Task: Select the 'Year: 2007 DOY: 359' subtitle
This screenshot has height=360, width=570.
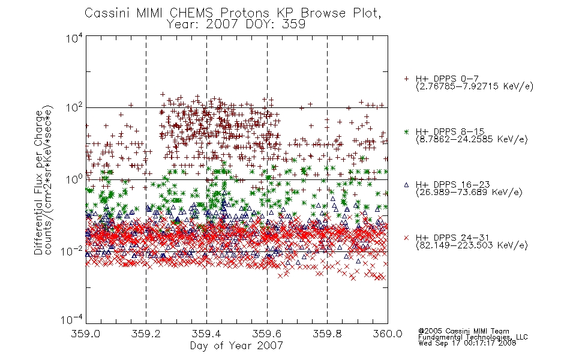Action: pos(236,25)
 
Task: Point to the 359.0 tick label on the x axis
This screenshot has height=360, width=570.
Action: pos(86,334)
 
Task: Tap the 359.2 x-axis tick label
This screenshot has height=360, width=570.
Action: pos(146,334)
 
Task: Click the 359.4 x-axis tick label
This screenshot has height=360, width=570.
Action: pos(206,334)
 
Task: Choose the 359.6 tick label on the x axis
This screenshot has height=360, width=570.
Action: pos(267,334)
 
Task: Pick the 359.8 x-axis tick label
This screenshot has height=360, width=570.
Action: pos(327,334)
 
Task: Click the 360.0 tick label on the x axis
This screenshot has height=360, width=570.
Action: pos(388,334)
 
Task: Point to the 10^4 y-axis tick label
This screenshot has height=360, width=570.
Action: pos(74,38)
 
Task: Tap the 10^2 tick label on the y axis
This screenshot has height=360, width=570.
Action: pos(74,108)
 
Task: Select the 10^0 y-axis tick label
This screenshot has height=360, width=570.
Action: pos(74,179)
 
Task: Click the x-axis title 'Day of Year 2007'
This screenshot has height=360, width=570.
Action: pos(236,346)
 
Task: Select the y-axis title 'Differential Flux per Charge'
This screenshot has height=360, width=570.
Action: pos(39,183)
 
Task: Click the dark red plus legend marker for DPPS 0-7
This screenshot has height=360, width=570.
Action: pos(406,79)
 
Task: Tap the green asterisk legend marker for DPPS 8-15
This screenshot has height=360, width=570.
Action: pos(406,131)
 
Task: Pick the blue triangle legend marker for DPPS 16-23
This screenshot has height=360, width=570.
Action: pos(406,185)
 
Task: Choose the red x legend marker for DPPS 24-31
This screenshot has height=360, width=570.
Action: pos(406,238)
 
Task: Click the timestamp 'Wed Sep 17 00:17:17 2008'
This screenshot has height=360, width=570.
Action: pos(467,343)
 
